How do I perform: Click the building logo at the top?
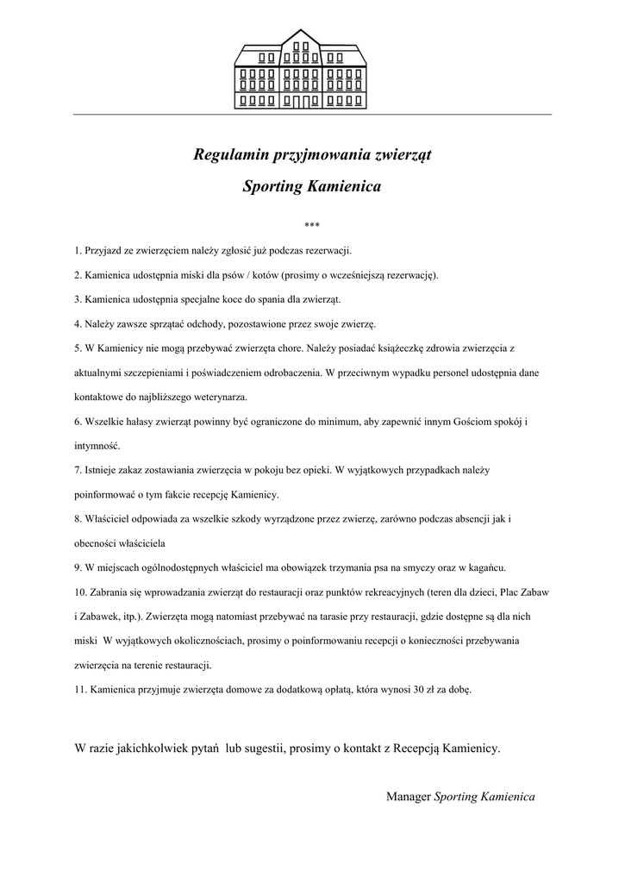(x=301, y=68)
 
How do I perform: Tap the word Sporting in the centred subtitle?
(x=272, y=186)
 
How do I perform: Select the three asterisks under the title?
(x=312, y=226)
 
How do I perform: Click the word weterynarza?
(x=219, y=398)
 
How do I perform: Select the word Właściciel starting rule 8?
(x=109, y=520)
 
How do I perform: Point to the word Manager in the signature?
(x=409, y=797)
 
